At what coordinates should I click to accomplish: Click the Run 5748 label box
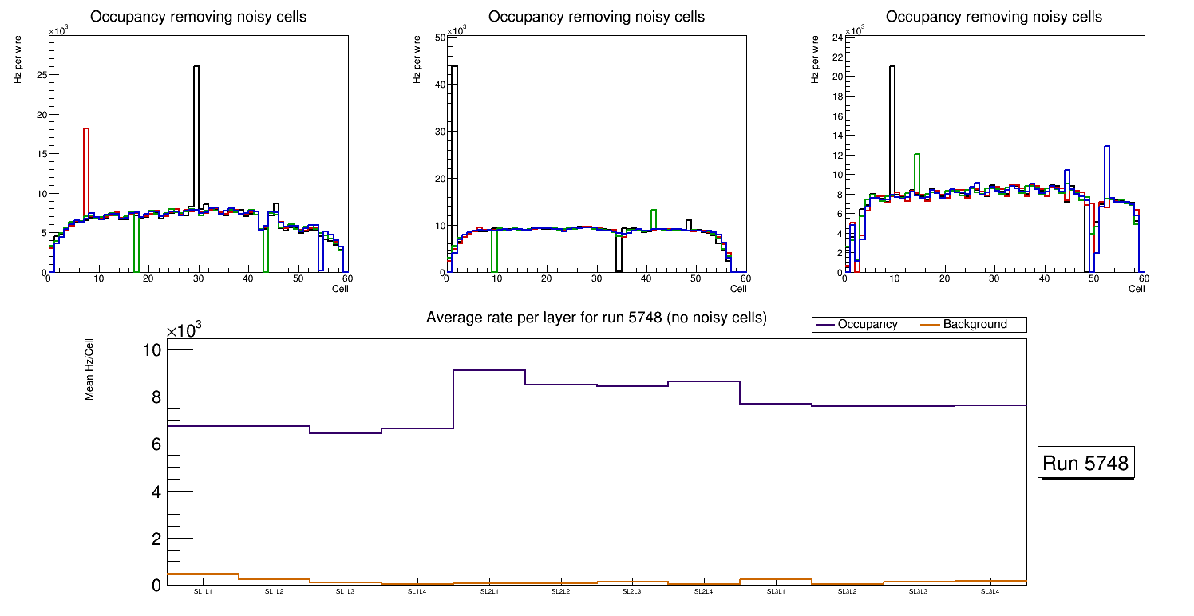(x=1086, y=463)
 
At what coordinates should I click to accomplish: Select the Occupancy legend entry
(x=867, y=325)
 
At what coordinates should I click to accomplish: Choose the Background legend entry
(x=975, y=325)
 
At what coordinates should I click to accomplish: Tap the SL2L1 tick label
(x=489, y=592)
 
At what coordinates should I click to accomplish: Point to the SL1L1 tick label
(x=203, y=592)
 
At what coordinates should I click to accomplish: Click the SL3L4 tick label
(x=990, y=592)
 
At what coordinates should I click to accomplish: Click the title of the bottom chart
(x=596, y=318)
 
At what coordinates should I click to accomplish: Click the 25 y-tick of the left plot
(x=40, y=75)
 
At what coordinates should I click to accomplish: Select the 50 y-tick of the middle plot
(x=439, y=38)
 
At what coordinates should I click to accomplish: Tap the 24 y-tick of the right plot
(x=838, y=38)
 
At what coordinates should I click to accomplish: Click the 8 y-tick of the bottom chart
(x=155, y=397)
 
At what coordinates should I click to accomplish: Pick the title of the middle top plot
(x=596, y=17)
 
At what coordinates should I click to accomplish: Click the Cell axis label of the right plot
(x=1137, y=289)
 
